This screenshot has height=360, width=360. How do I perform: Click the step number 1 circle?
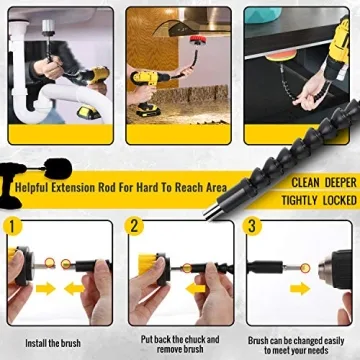click(13, 226)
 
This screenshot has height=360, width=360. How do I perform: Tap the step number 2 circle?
click(134, 226)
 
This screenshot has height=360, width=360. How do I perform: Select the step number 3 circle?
click(252, 226)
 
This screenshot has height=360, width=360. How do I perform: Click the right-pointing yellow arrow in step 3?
click(300, 288)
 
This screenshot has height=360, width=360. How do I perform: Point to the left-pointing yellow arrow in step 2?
click(196, 289)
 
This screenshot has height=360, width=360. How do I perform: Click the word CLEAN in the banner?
click(305, 183)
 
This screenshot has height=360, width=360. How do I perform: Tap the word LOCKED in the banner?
click(340, 201)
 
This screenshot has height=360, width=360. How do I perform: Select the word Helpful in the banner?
click(31, 187)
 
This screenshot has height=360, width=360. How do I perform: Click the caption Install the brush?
click(53, 343)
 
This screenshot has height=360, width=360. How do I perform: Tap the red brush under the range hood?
click(198, 40)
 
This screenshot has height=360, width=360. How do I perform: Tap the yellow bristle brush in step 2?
click(148, 263)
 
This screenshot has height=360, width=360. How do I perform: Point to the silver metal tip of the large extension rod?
click(212, 211)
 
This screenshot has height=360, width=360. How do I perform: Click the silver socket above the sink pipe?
click(48, 28)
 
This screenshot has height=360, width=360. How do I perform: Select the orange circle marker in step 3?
click(305, 268)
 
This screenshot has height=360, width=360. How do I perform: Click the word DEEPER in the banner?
click(341, 183)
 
